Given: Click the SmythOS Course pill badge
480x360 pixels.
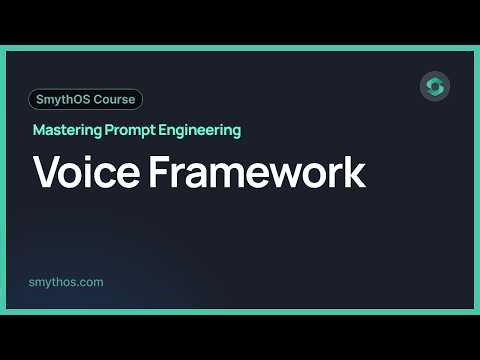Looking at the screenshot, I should pyautogui.click(x=86, y=99).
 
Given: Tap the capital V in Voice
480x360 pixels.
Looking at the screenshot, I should pyautogui.click(x=46, y=172).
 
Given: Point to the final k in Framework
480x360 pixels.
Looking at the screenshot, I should pyautogui.click(x=355, y=172).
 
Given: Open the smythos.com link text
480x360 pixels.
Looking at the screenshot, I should pyautogui.click(x=68, y=282).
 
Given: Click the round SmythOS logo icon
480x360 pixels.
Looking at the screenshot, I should pyautogui.click(x=434, y=86).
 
